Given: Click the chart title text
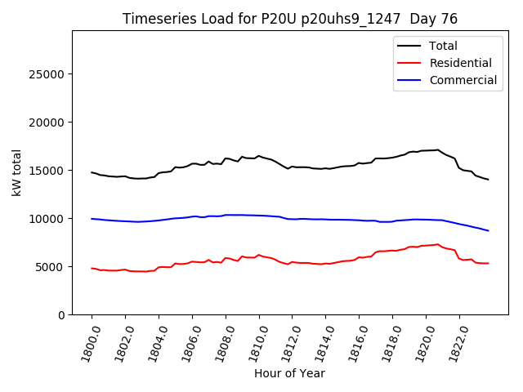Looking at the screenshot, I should click(x=290, y=19).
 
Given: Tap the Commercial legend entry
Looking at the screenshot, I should click(x=463, y=80).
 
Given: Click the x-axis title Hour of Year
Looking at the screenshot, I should click(x=289, y=373).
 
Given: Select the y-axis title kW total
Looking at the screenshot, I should click(x=16, y=173).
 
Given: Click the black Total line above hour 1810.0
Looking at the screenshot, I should click(x=259, y=156).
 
